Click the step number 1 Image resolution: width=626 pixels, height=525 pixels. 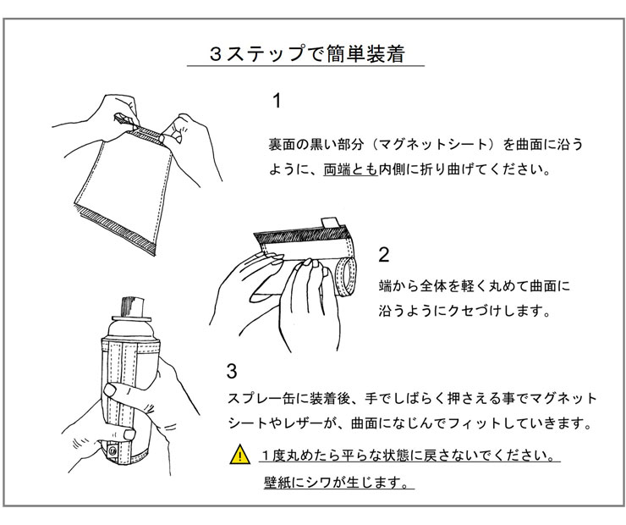point(276,102)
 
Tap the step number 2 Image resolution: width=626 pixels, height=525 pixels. point(384,255)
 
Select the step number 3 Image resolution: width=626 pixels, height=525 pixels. point(232,371)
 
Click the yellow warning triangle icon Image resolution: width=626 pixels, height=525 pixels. point(241,456)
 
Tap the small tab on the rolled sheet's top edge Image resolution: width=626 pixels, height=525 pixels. point(329,222)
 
